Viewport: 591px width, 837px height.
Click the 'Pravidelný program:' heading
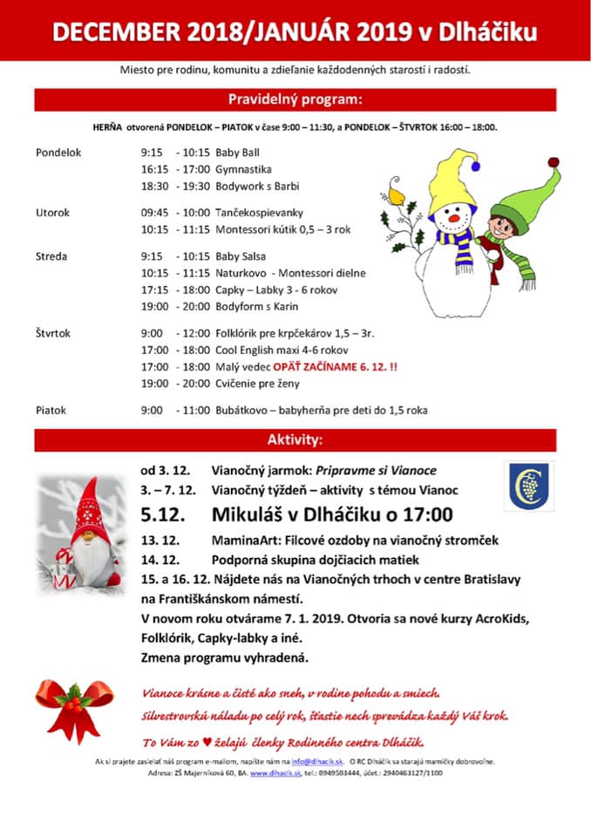click(x=295, y=99)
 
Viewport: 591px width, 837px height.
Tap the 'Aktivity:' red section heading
click(x=295, y=439)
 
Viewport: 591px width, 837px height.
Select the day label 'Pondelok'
click(x=58, y=152)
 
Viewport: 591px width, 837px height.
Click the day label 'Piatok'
click(x=51, y=410)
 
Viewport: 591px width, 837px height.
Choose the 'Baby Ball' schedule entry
click(x=237, y=152)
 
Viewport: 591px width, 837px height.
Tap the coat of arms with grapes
click(x=528, y=487)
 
